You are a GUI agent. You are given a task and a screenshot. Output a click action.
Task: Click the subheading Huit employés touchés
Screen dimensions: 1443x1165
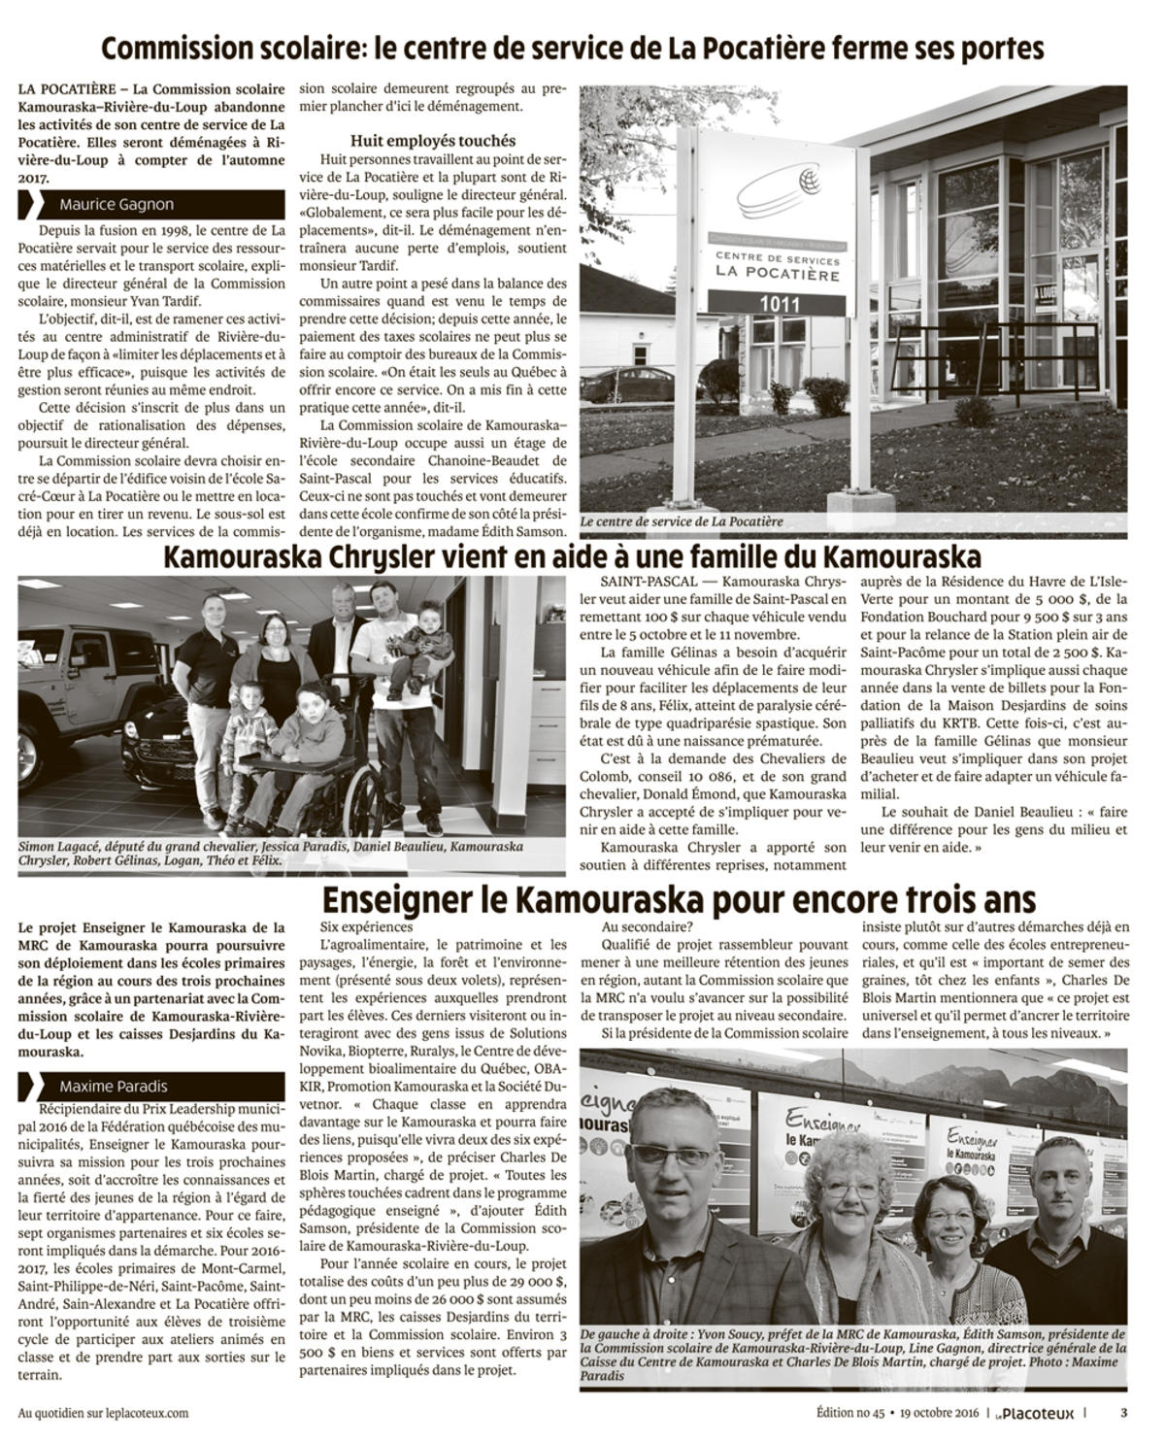[x=433, y=141]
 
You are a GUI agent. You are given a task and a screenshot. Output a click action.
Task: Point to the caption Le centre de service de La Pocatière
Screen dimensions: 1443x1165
[x=682, y=521]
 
